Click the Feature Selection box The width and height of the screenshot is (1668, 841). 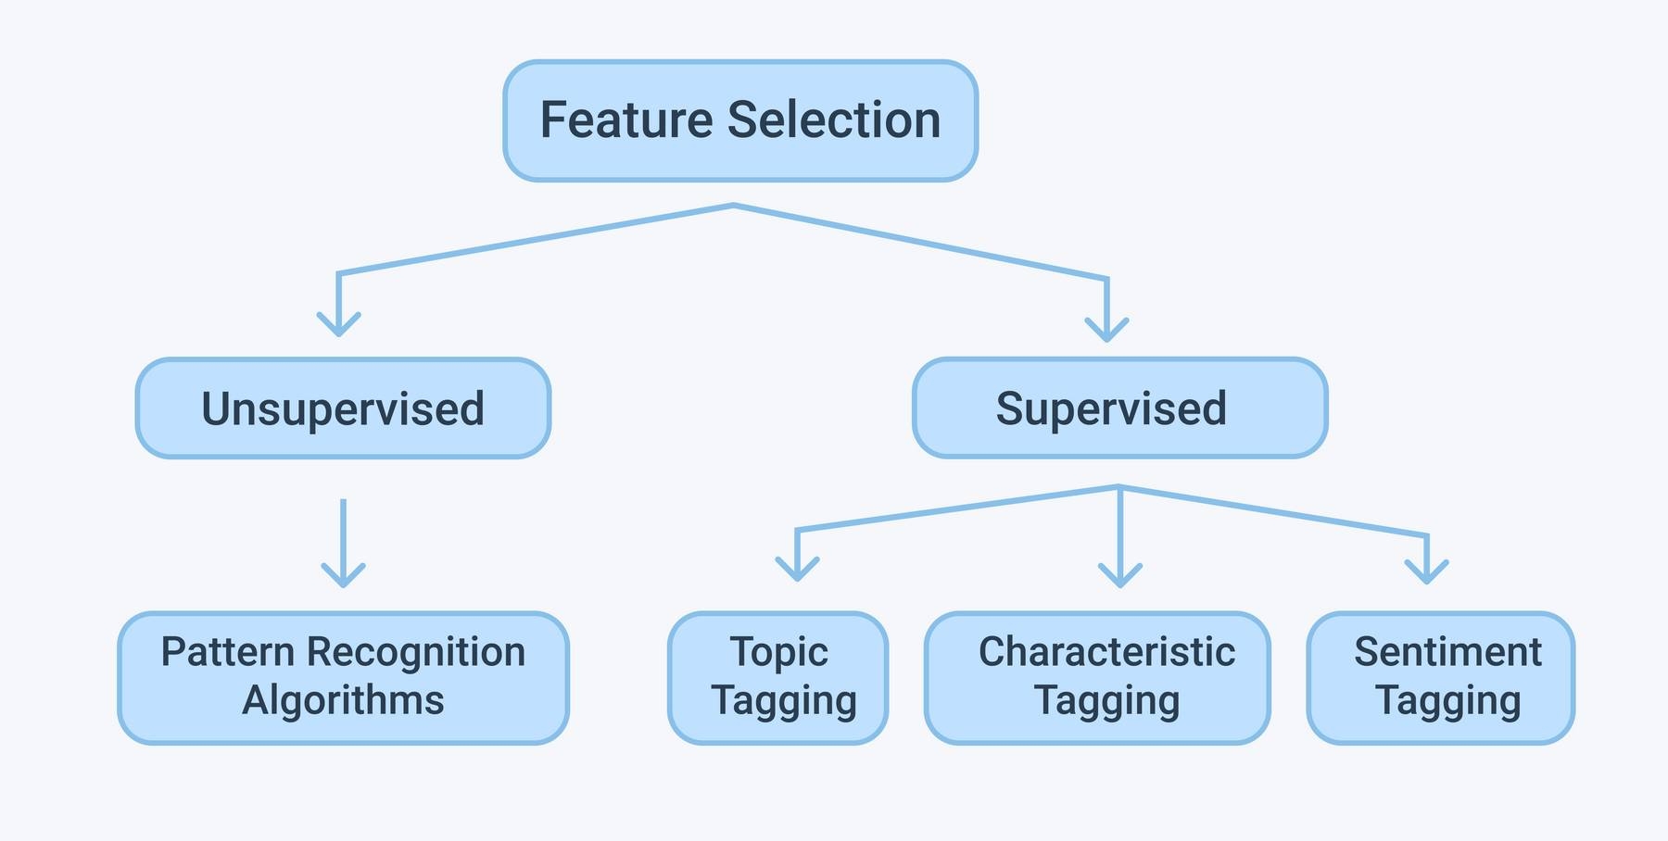tap(739, 120)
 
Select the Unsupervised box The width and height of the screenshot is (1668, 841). tap(343, 408)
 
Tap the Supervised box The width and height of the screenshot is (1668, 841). tap(1119, 408)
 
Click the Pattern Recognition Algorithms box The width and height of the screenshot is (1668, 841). tap(343, 677)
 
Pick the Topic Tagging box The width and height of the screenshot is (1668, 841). tap(777, 677)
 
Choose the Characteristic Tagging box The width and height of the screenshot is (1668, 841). tap(1097, 677)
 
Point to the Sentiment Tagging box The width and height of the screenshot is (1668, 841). tap(1440, 677)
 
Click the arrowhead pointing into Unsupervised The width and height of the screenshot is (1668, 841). tap(339, 324)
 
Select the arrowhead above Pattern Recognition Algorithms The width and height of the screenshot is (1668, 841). tap(343, 575)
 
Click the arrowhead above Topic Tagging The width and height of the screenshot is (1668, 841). tap(797, 569)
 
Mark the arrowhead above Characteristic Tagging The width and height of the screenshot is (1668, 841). tap(1120, 575)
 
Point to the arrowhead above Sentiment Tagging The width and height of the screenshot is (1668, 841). tap(1427, 571)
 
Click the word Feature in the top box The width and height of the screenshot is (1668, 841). tap(625, 120)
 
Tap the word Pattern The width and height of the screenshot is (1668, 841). tap(228, 652)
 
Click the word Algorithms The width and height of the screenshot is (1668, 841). tap(343, 701)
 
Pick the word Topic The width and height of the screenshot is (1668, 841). tap(778, 652)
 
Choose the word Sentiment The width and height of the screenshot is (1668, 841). tap(1447, 652)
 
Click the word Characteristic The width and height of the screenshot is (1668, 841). tap(1106, 652)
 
